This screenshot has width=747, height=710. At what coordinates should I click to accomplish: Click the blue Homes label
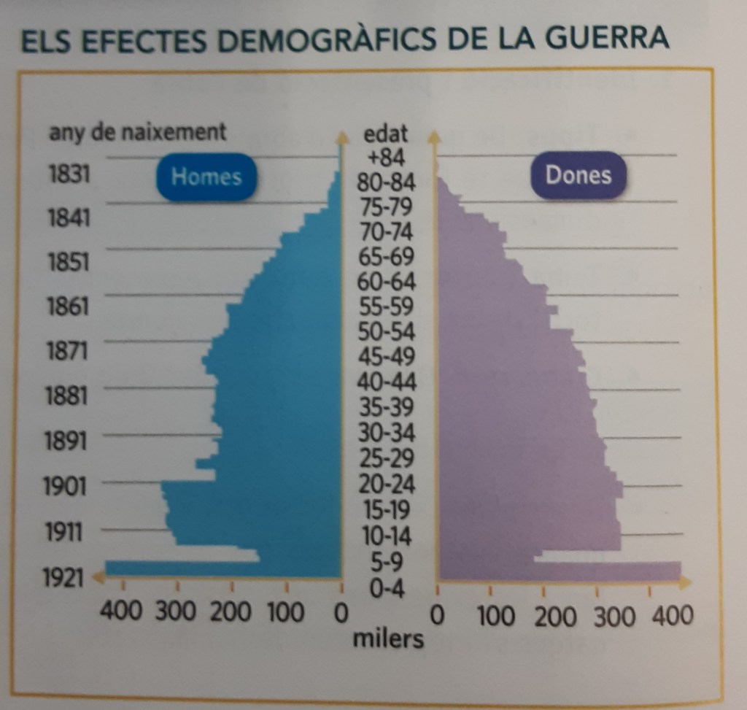206,177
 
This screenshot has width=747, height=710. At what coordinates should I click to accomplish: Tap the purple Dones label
578,176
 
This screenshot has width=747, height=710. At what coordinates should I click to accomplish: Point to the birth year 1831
67,175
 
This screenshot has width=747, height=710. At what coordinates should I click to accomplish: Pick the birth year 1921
64,579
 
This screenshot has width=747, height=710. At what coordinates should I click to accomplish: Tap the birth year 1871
67,351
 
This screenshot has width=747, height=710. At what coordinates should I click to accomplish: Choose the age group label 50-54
387,332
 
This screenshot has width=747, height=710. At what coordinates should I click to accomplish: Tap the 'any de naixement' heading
137,133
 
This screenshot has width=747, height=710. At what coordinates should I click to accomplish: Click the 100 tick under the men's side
285,612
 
